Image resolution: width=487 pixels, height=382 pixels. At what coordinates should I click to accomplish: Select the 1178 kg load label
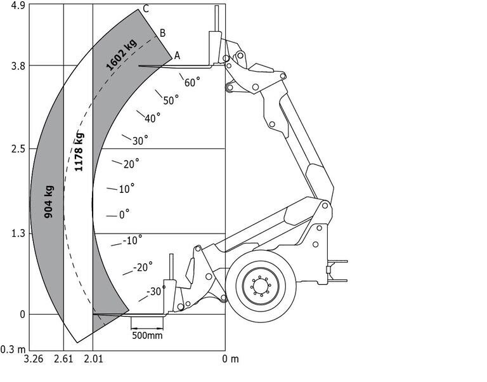79,152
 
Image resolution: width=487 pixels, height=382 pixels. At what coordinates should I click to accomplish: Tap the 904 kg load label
49,202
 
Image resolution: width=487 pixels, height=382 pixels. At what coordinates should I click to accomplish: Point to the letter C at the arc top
146,9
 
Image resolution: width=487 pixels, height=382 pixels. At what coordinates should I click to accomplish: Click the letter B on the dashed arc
162,33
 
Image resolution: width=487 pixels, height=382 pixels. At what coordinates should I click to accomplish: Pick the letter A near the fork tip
177,56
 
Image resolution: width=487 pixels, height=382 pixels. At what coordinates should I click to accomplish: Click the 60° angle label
192,82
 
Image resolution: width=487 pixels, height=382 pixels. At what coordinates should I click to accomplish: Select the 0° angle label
124,214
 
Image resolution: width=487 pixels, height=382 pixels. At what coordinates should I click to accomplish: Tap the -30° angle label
153,292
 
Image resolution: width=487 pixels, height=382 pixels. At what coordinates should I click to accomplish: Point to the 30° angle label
140,140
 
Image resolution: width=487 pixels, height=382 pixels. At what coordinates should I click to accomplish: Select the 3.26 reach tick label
34,360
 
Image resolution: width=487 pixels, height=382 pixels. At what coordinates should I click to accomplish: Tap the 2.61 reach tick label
63,360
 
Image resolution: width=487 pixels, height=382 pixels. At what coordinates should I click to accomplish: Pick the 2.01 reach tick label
93,360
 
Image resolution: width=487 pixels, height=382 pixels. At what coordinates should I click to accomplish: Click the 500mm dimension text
146,335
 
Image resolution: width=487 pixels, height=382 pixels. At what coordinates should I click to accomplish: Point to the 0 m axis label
231,360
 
